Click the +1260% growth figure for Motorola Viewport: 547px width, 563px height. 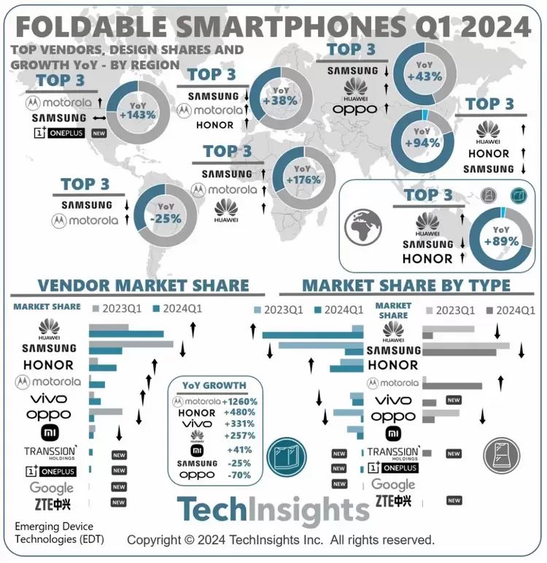[x=241, y=401]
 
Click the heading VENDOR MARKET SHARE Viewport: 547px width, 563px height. [x=144, y=285]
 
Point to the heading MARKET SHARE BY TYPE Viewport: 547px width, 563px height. [x=406, y=285]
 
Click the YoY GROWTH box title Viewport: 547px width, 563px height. [x=214, y=385]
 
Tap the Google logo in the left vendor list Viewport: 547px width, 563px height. [x=51, y=487]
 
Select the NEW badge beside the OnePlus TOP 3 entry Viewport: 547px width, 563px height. [x=98, y=134]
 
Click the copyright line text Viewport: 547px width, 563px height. [x=281, y=540]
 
